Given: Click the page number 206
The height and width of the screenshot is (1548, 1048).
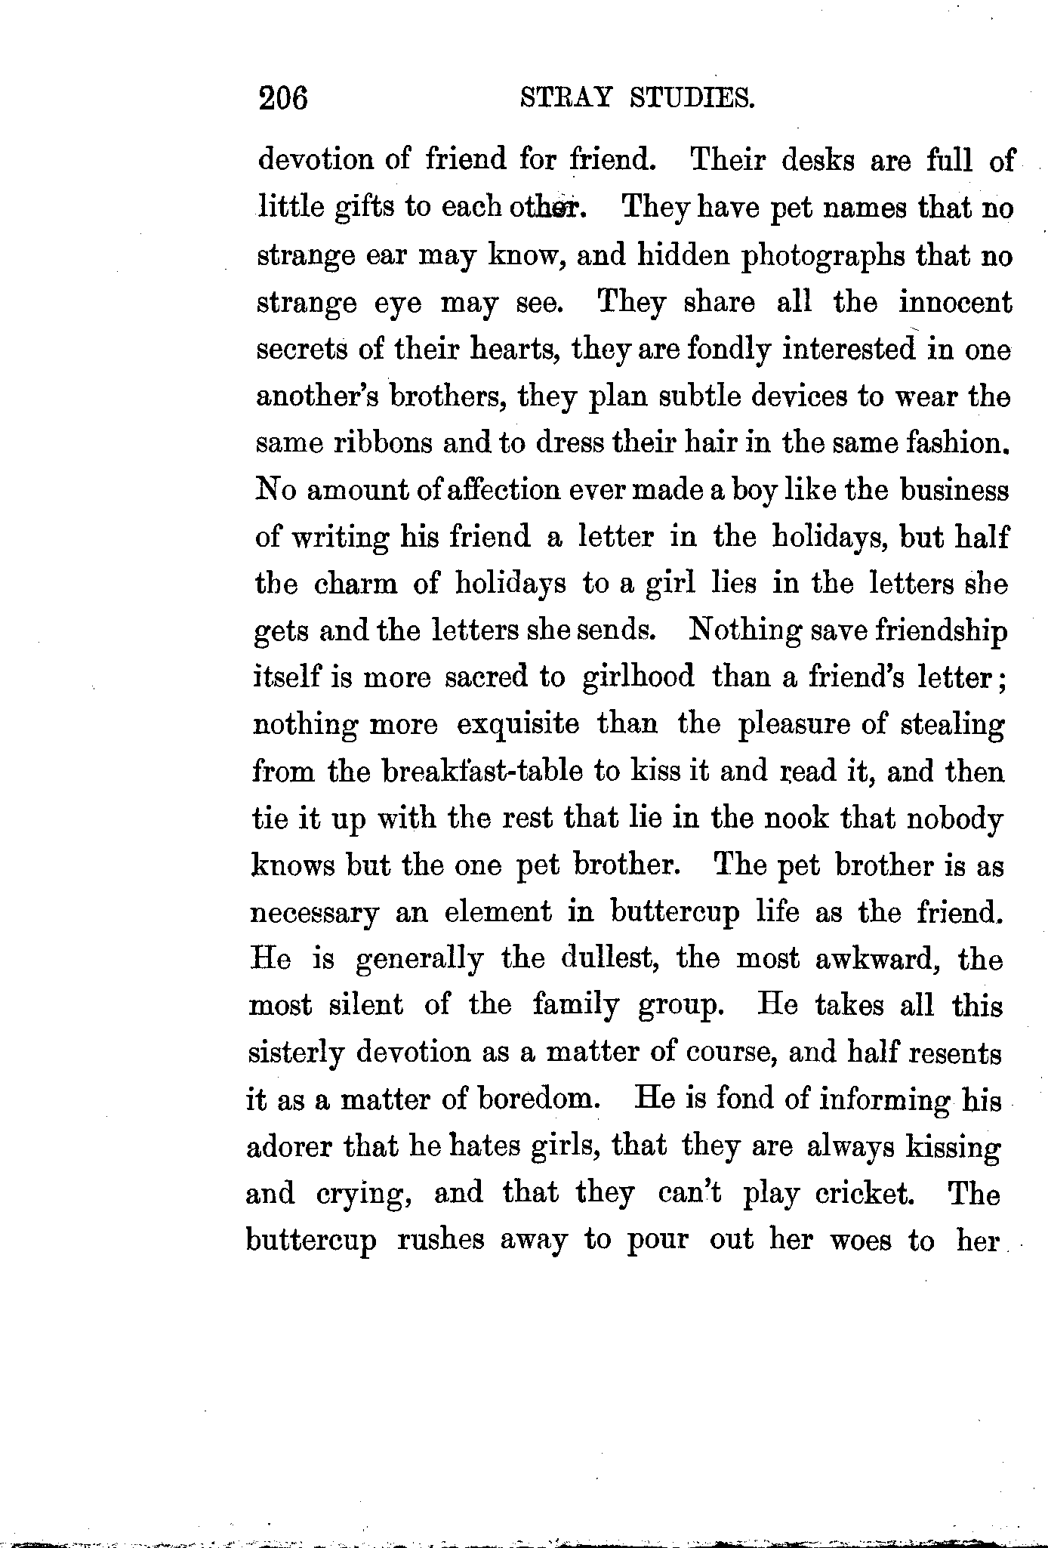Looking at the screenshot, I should [x=283, y=98].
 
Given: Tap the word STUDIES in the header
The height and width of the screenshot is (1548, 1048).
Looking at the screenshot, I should [x=692, y=98].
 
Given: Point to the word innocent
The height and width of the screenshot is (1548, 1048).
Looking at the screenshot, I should [x=955, y=304].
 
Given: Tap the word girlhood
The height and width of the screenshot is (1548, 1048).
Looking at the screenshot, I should [x=639, y=677].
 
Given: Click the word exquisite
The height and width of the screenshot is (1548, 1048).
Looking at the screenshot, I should [x=518, y=724].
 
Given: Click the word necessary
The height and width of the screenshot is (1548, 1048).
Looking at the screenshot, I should [x=313, y=913].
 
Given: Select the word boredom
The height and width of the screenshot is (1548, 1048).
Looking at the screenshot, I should [x=538, y=1099].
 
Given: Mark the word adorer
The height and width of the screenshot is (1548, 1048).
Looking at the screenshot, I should [x=289, y=1147].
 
